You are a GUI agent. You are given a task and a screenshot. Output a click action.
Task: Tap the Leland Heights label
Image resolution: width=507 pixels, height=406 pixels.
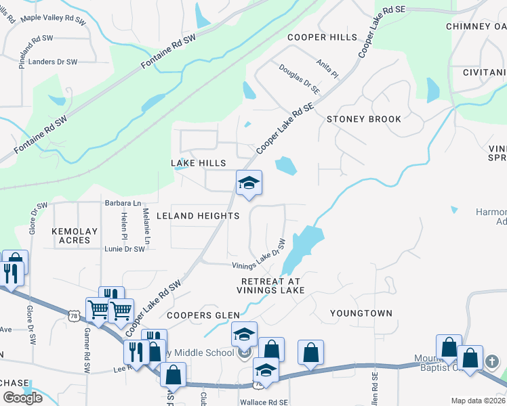(x=198, y=216)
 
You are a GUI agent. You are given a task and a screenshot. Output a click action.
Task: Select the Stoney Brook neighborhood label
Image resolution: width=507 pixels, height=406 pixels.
(x=364, y=119)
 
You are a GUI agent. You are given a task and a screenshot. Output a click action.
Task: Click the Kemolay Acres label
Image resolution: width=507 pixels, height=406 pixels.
(x=75, y=235)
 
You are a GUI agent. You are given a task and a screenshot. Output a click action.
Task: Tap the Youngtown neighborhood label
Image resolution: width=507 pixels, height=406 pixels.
(x=361, y=313)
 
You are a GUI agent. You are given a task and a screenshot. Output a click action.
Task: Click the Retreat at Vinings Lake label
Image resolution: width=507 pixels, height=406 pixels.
(x=270, y=285)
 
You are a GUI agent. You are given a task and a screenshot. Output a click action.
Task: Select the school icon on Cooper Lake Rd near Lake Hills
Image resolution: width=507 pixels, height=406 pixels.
(x=249, y=183)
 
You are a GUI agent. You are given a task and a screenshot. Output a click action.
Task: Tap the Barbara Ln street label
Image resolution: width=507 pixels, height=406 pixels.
(x=123, y=202)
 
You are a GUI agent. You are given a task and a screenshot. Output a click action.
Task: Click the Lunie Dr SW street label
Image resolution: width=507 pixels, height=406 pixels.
(x=125, y=249)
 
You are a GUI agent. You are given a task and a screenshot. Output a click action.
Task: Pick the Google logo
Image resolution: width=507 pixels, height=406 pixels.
(x=22, y=398)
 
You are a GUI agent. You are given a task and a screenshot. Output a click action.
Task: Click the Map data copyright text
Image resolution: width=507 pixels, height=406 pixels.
(x=478, y=401)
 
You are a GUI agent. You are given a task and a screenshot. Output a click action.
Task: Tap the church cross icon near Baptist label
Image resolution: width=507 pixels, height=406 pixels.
(x=493, y=363)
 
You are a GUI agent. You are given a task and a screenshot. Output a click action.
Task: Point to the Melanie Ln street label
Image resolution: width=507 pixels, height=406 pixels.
(x=146, y=226)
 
